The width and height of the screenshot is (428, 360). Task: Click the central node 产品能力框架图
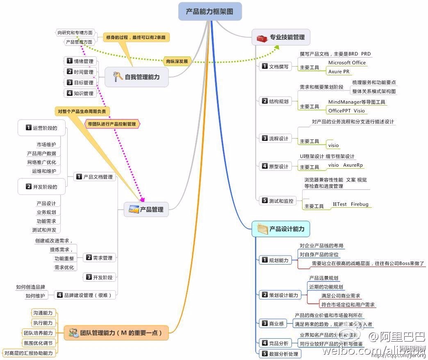(x=210, y=11)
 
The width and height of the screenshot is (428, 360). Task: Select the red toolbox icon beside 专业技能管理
(x=262, y=38)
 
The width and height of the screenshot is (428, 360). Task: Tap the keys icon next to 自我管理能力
(x=117, y=77)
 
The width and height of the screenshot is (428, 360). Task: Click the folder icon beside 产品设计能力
(x=262, y=229)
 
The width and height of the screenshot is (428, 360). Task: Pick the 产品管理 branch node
(x=146, y=210)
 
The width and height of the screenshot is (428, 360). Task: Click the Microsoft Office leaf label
(x=347, y=63)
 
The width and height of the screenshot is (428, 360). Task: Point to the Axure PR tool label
(x=339, y=71)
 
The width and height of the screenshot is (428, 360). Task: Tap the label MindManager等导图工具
(x=357, y=102)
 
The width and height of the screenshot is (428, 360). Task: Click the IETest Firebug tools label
(x=351, y=204)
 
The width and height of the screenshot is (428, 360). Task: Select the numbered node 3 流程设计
(x=275, y=138)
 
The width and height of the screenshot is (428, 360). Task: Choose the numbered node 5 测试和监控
(x=278, y=201)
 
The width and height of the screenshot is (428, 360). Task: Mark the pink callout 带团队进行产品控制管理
(x=112, y=123)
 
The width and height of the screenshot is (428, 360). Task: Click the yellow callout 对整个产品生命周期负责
(x=83, y=111)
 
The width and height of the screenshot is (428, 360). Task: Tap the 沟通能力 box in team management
(x=43, y=313)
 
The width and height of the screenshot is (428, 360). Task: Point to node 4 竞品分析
(x=275, y=343)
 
